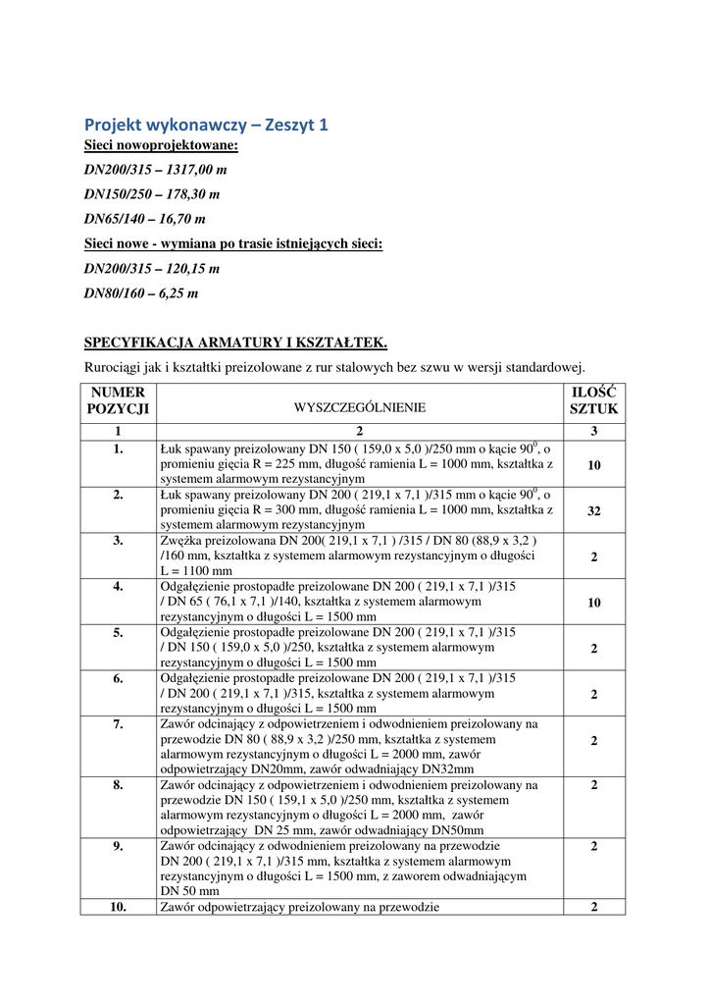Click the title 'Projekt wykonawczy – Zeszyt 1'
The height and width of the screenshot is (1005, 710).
pos(206,125)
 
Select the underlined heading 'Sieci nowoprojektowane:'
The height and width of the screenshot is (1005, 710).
pos(161,146)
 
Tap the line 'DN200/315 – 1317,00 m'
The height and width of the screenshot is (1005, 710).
pos(155,171)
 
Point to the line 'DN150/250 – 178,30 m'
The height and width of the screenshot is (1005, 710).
pos(152,195)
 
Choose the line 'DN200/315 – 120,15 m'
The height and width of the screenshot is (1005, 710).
pos(151,269)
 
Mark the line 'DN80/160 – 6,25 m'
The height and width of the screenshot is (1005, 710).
pos(141,293)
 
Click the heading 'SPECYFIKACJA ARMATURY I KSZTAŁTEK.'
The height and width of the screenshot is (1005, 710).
pos(235,343)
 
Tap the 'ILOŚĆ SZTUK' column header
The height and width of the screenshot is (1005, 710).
pos(594,400)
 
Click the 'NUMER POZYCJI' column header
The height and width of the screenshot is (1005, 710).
pos(118,400)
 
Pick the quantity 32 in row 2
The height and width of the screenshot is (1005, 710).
pos(594,511)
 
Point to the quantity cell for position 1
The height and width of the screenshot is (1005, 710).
pos(594,466)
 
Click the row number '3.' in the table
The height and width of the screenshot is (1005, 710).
pos(118,540)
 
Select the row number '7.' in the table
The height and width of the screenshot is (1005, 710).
pos(118,724)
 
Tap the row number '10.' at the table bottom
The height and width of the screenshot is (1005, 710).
pos(118,908)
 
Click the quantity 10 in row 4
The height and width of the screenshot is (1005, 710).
pos(594,604)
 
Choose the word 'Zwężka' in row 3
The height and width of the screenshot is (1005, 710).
pos(179,540)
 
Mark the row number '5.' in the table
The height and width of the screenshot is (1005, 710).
pos(118,632)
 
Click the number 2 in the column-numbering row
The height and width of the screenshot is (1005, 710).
pos(360,431)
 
